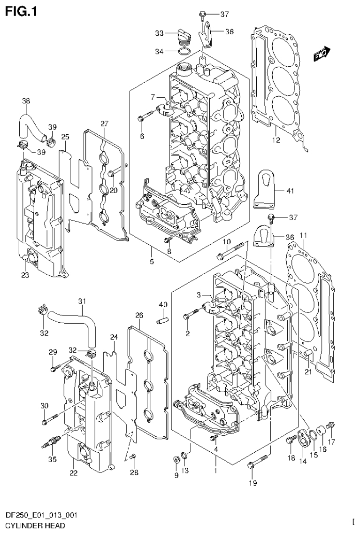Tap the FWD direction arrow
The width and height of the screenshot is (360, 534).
[x=322, y=55]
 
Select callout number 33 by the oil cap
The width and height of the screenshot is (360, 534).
[x=160, y=33]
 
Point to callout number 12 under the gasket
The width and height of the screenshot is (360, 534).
[x=276, y=139]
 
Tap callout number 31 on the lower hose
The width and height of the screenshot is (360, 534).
[x=82, y=301]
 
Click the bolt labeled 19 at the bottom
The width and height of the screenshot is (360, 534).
[x=258, y=462]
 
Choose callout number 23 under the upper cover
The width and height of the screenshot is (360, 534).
[x=25, y=275]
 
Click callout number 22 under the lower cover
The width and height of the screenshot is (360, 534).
[x=73, y=472]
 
